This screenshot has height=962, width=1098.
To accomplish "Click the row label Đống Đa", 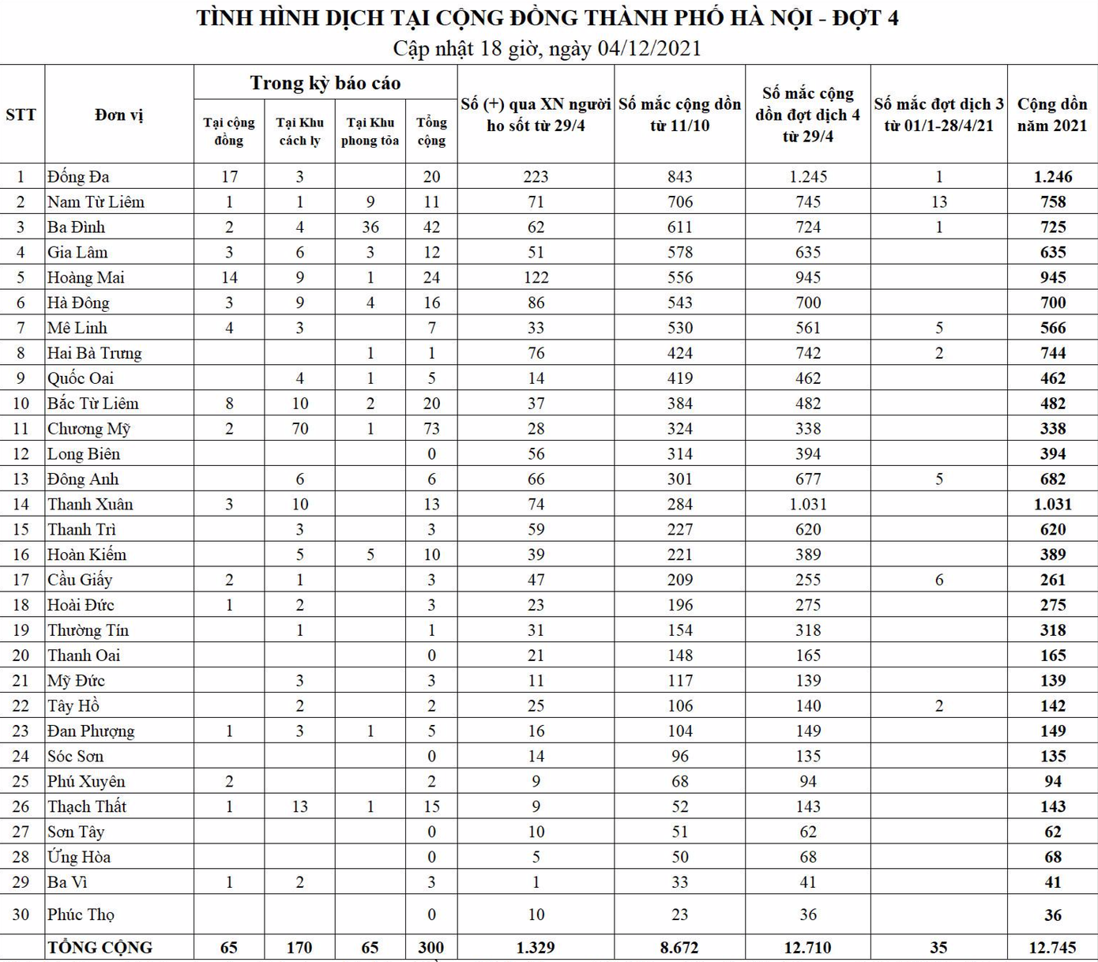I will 78,177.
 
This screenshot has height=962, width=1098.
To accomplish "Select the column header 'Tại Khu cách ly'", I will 299,132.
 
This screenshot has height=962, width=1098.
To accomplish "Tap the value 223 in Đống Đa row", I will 536,177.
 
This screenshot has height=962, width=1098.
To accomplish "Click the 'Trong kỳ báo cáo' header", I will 325,83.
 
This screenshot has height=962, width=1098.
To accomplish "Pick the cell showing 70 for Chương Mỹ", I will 299,429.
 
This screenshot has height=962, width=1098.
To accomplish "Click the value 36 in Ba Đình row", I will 370,227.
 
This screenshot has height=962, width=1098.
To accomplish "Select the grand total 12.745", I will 1052,948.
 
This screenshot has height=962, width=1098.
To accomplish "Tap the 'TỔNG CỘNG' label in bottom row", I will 100,948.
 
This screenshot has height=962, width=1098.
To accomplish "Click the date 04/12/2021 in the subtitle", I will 649,48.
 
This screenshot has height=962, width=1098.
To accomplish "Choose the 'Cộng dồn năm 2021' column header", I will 1052,115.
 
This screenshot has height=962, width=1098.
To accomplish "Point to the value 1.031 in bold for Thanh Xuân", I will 1052,505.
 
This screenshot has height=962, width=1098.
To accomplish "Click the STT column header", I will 21,115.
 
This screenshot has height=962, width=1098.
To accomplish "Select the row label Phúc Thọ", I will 81,915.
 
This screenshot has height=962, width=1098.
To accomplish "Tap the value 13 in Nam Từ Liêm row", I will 938,202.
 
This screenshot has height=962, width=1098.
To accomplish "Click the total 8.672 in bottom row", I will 679,948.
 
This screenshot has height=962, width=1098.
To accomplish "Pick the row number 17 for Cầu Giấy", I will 21,581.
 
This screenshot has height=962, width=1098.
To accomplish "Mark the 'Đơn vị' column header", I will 119,115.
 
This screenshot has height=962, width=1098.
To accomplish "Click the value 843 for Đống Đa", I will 679,177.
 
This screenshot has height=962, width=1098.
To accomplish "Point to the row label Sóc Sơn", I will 75,757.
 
